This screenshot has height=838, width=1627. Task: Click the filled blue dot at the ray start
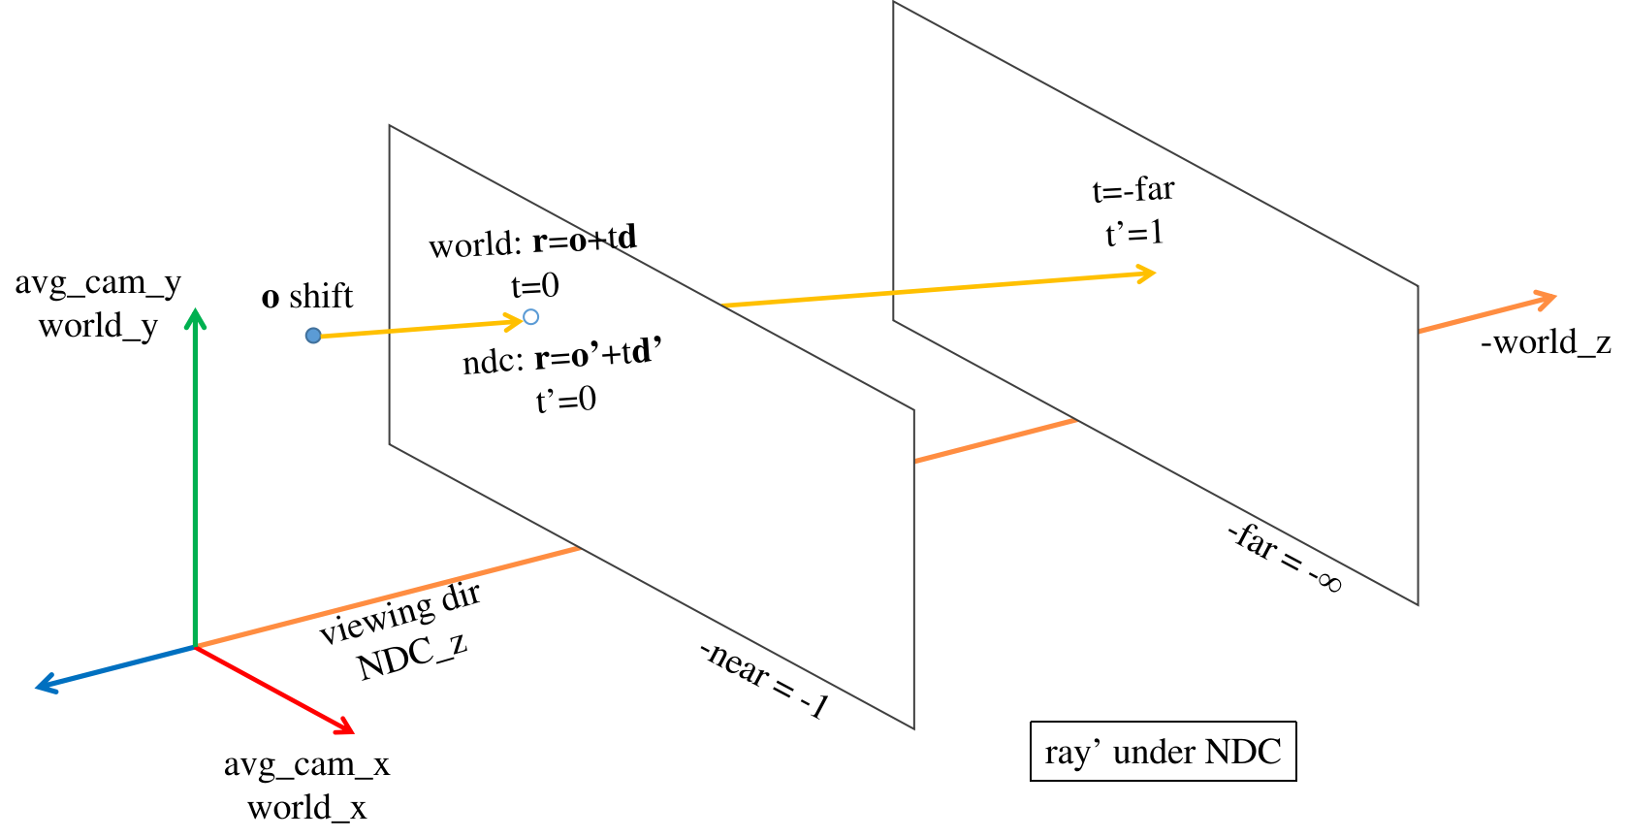tap(313, 336)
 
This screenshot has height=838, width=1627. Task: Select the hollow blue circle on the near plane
tap(530, 317)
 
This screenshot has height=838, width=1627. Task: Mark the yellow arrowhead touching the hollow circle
tap(515, 322)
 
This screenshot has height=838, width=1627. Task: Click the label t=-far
tap(1133, 190)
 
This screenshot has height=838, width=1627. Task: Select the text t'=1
tap(1134, 234)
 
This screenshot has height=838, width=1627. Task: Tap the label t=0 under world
tap(535, 286)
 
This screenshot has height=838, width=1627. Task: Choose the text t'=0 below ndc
tap(566, 400)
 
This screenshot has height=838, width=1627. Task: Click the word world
tap(475, 245)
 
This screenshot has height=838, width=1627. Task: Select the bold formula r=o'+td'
tap(598, 355)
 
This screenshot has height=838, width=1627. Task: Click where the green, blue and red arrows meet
tap(196, 646)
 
